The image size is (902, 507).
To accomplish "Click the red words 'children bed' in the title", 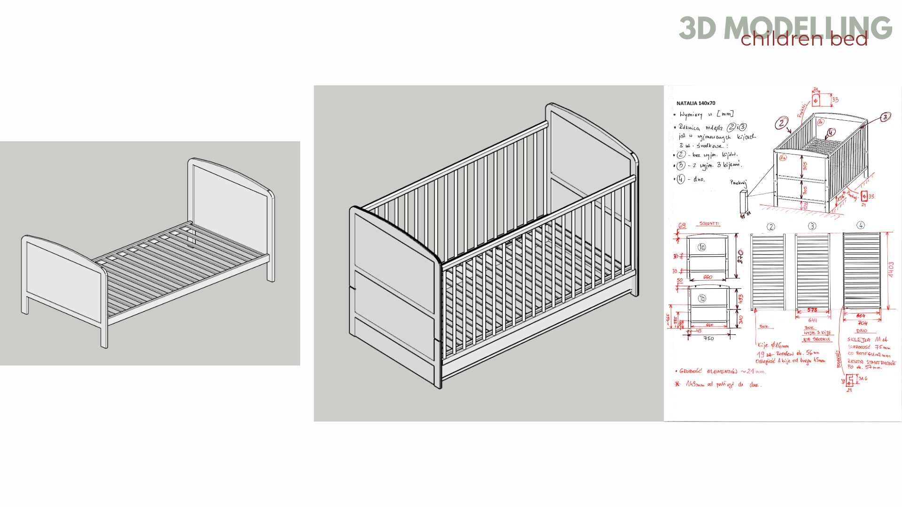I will [x=804, y=39].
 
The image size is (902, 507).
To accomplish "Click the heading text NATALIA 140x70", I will [x=695, y=103].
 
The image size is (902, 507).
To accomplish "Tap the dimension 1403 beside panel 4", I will [x=891, y=270].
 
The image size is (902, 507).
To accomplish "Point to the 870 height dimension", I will [x=740, y=256].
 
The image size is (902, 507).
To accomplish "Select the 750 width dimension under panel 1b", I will [x=708, y=338].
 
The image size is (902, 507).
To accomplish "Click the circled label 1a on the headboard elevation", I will [x=701, y=247].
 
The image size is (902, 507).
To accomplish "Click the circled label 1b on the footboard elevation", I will [x=701, y=298].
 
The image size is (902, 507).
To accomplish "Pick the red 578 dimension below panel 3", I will [x=812, y=310].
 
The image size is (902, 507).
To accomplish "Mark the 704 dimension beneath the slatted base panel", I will [x=863, y=323].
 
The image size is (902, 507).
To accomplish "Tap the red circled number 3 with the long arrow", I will [x=885, y=117].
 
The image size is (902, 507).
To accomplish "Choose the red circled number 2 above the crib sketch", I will [x=781, y=123].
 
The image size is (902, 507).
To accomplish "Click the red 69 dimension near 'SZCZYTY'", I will [x=682, y=226].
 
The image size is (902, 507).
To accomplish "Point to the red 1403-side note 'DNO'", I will [x=862, y=330].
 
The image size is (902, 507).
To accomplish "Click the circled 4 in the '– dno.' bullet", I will [x=681, y=179].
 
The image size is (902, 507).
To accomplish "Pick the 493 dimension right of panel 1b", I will [x=740, y=299].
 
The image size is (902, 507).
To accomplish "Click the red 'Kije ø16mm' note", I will [x=773, y=346].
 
